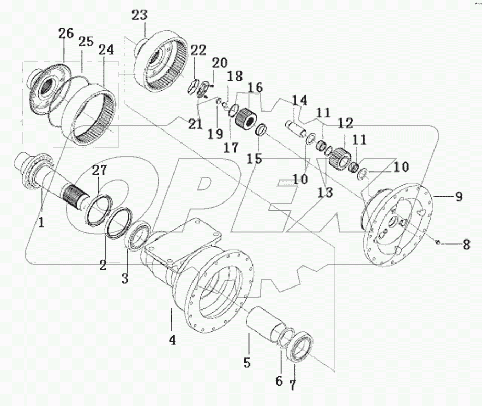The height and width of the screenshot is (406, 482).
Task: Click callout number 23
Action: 140,16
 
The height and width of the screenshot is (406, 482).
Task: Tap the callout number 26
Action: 65,34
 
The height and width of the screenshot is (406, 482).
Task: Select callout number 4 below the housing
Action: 172,341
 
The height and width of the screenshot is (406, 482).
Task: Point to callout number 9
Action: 458,197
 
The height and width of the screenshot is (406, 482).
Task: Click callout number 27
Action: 100,171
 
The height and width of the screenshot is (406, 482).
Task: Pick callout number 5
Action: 247,361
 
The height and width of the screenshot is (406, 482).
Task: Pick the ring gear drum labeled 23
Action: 160,63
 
